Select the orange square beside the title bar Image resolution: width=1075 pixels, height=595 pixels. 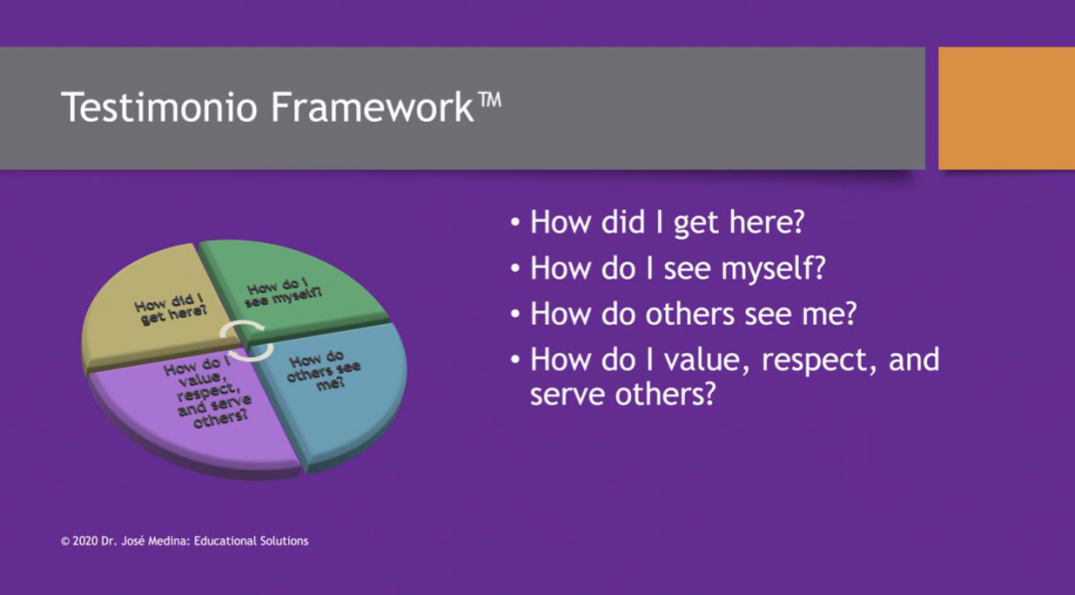click(x=1006, y=108)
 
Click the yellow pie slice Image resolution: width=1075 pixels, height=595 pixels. click(x=151, y=308)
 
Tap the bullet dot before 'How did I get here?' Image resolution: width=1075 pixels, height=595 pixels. click(x=516, y=223)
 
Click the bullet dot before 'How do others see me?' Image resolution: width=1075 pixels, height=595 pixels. click(x=516, y=315)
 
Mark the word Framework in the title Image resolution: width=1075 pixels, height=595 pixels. click(x=372, y=108)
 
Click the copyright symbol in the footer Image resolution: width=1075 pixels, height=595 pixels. click(x=65, y=541)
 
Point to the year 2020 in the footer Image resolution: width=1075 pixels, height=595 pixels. click(x=85, y=541)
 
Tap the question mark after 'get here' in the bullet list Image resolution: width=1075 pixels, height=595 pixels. click(x=796, y=222)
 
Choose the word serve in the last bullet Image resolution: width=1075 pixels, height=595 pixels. click(x=563, y=394)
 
